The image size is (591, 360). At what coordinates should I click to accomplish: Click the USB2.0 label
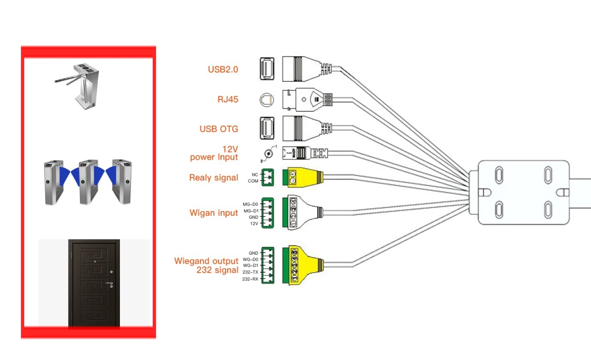(223, 69)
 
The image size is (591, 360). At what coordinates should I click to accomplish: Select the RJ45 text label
(228, 99)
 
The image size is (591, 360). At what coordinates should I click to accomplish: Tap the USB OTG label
(219, 129)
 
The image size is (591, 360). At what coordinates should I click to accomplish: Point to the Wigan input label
(214, 213)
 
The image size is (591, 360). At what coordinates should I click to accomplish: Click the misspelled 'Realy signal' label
(214, 178)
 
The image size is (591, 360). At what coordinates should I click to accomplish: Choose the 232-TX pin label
(250, 272)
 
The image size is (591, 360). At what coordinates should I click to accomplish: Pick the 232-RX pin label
(250, 279)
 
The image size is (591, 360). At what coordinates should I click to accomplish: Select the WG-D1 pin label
(251, 265)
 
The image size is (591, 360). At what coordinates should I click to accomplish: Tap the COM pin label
(253, 181)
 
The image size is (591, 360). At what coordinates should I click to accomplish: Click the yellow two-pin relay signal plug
(302, 177)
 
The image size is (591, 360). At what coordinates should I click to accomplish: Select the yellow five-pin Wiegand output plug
(304, 265)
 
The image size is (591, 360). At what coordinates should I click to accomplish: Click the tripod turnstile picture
(80, 85)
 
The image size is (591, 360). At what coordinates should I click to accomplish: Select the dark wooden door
(94, 283)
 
